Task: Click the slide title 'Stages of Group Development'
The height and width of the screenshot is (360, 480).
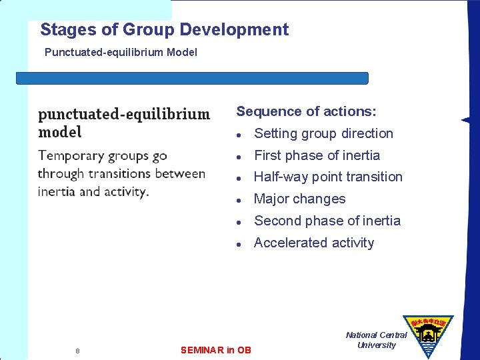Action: (164, 30)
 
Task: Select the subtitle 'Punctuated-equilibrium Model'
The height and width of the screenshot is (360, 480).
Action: (121, 52)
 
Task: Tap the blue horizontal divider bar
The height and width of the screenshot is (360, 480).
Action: (192, 78)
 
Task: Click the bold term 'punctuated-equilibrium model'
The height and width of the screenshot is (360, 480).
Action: (123, 123)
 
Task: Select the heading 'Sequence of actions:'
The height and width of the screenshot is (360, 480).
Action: (306, 111)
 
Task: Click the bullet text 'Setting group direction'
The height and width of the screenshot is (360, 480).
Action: (323, 133)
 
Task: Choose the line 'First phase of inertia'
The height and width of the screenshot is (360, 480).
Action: (317, 155)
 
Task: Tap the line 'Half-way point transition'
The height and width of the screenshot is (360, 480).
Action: (328, 177)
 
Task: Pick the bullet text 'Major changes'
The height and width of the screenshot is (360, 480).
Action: (299, 199)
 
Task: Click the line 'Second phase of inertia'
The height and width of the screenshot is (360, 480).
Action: (327, 221)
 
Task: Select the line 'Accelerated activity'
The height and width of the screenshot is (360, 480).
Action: (314, 243)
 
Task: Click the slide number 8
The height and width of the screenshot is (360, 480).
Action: (77, 351)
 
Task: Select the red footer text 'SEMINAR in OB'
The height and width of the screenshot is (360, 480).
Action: (216, 350)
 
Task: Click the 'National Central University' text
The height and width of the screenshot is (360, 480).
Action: (376, 340)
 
